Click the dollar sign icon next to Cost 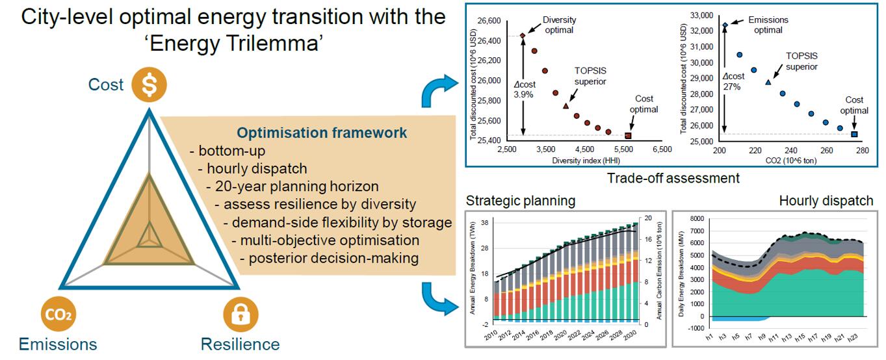(149, 84)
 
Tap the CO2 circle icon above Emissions (58, 314)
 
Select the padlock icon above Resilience (241, 315)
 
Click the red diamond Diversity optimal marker (523, 36)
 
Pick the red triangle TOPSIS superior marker (566, 106)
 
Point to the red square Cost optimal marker (628, 136)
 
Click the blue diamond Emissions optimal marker (725, 25)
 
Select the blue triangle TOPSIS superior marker (768, 83)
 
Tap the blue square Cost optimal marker (854, 134)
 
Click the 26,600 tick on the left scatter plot (489, 21)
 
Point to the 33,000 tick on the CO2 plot (701, 16)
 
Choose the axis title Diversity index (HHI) (586, 161)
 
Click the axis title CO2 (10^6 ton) (791, 161)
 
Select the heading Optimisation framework (322, 133)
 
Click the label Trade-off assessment (673, 178)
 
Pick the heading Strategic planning (521, 201)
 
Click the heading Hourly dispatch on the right (826, 201)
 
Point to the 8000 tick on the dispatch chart (697, 218)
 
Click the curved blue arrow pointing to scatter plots (435, 89)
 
